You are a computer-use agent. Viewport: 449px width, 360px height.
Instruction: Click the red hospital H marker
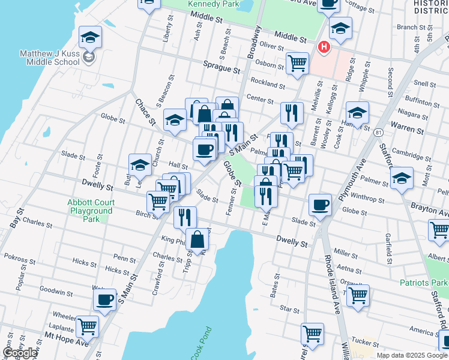(324, 47)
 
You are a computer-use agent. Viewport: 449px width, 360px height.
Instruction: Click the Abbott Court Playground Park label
(91, 211)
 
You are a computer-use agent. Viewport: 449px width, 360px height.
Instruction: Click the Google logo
(20, 353)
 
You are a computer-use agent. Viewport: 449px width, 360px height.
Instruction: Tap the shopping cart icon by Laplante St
(88, 326)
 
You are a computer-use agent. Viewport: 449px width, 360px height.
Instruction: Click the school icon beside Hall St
(139, 164)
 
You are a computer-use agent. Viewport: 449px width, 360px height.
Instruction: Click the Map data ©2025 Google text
(412, 355)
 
